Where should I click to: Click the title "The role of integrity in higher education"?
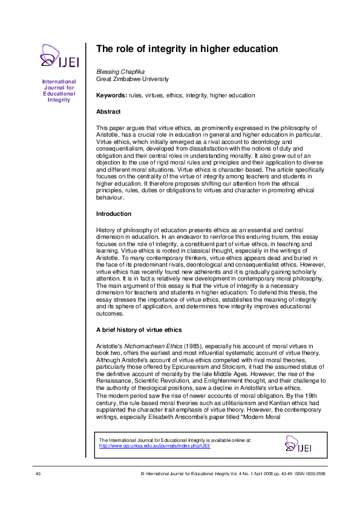pos(187,48)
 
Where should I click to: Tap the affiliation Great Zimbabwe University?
pos(133,79)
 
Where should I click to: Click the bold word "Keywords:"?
pos(111,96)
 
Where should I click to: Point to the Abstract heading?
pos(108,112)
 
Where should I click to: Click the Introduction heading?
pos(114,214)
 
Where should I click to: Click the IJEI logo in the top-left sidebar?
pos(57,56)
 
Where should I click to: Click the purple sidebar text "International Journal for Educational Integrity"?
pos(59,91)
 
